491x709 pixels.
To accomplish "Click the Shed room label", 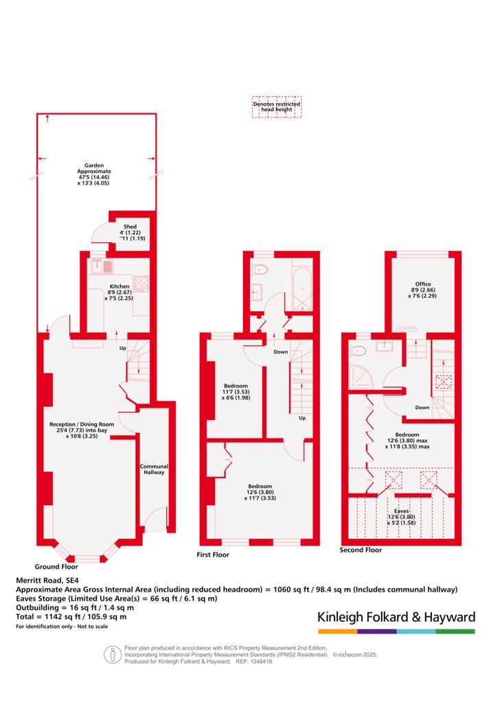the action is coord(130,226).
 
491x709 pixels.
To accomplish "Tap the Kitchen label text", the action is coord(119,286).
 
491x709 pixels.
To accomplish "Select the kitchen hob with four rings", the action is coord(141,284).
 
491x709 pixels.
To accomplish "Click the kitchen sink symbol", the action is coord(102,266).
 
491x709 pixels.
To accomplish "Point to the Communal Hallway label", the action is coord(154,469).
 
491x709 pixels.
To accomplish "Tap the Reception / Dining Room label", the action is coord(82,424).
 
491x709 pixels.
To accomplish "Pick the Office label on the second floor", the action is coord(423,284).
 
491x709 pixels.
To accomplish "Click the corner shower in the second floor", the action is coord(361,376).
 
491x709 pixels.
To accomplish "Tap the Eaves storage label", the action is coord(402,511).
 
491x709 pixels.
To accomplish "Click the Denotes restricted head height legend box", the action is coord(277,107).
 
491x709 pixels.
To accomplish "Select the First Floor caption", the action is coord(213,555).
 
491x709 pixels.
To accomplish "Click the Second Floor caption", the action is coord(361,550).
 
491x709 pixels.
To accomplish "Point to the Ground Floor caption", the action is coord(56,566).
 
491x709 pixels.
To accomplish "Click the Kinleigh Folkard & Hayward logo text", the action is coord(396,617).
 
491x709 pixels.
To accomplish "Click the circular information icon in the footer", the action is coord(113,654).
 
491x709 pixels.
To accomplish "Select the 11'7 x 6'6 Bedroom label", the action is coord(236,392).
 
